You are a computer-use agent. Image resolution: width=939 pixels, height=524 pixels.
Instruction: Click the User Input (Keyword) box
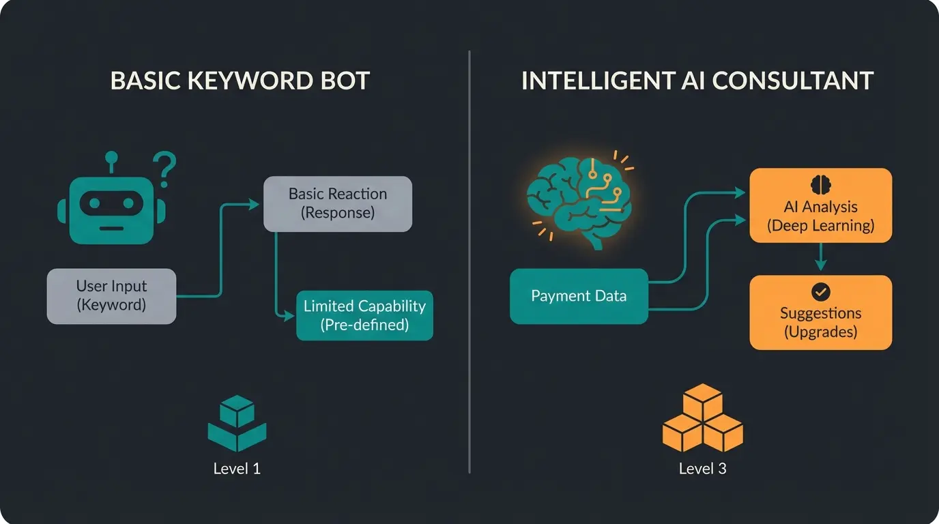point(111,296)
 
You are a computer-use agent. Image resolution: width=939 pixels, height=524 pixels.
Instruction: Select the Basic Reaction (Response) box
point(338,203)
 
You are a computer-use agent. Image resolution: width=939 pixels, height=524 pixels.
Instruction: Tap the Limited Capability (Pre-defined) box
point(364,315)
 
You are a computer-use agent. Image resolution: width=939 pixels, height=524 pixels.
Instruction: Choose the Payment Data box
point(579,296)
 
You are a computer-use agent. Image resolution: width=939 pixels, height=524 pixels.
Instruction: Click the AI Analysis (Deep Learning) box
point(820,206)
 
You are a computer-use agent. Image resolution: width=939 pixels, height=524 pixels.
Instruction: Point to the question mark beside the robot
point(164,169)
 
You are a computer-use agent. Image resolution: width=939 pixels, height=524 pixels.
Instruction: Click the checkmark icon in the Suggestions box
point(820,292)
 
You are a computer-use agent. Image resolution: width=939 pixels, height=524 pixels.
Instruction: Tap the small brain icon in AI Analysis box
point(820,184)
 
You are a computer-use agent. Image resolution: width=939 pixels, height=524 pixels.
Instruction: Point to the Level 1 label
point(237,469)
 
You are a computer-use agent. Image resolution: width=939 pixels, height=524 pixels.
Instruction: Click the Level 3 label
point(702,469)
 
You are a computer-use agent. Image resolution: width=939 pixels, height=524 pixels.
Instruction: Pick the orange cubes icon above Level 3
point(702,418)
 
